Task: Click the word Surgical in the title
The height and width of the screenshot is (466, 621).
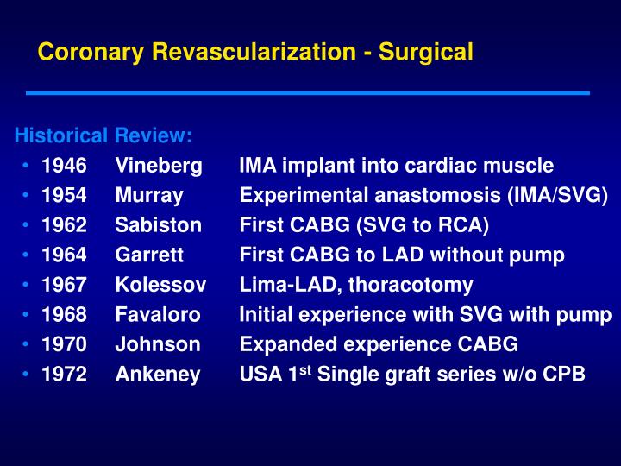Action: coord(426,52)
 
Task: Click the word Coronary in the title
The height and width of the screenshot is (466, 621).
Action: coord(91,52)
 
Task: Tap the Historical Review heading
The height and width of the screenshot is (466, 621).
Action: coord(103,135)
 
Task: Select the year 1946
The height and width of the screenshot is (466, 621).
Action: coord(64,165)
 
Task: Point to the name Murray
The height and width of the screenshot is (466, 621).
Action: coord(149,196)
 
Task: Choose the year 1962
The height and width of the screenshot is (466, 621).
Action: coord(64,225)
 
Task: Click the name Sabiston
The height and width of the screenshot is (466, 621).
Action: coord(159,225)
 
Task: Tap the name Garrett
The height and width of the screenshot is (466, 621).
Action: coord(149,255)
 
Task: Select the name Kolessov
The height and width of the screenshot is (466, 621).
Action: coord(160,285)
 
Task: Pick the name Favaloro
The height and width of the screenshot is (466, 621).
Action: coord(158,314)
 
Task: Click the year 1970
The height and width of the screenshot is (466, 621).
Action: coord(64,344)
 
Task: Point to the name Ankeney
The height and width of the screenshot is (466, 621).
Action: coord(158,375)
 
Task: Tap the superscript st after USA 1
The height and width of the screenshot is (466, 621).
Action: coord(305,370)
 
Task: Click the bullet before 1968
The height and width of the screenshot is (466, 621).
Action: coord(26,315)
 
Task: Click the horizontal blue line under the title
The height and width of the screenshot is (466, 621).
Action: coord(308,93)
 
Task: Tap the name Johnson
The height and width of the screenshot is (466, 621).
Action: coord(158,344)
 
